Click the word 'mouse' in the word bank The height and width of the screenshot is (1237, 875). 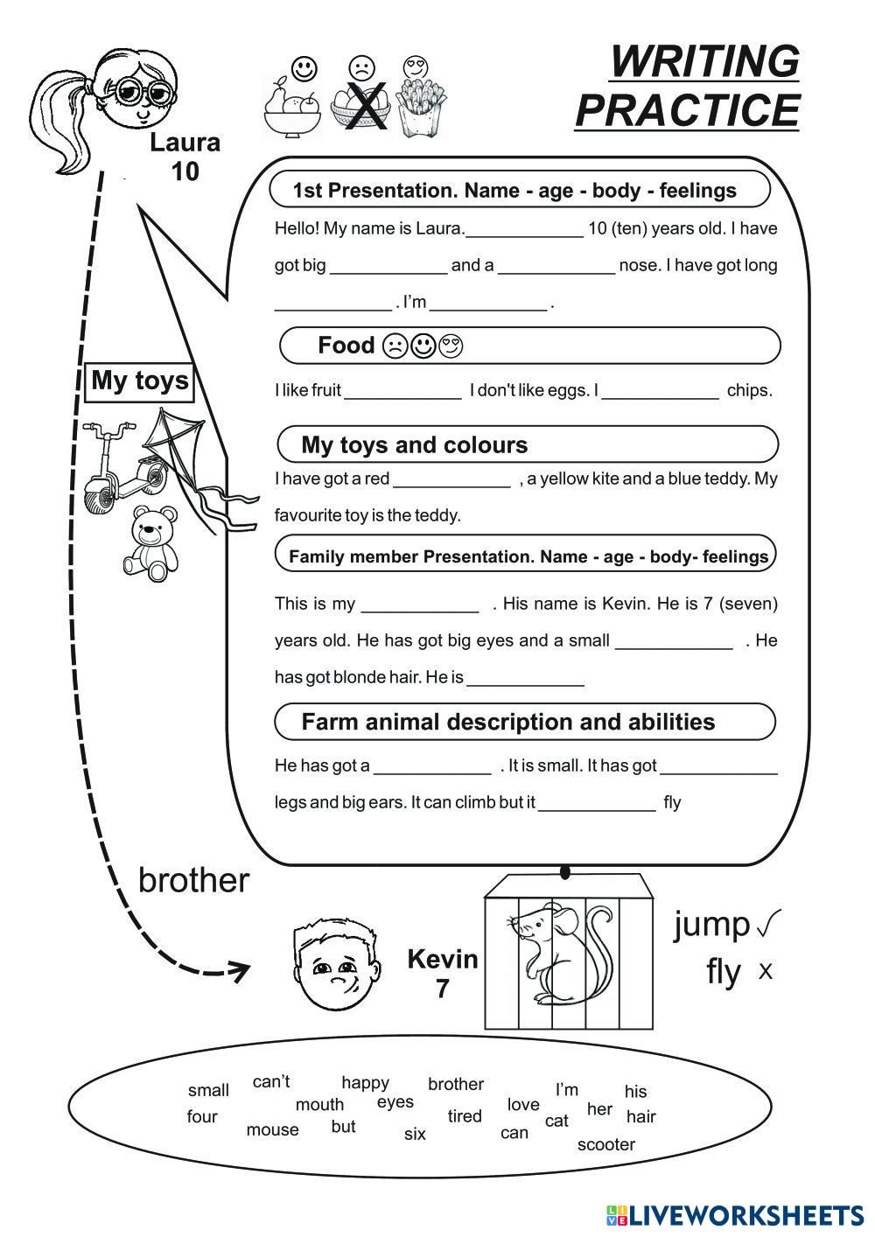click(272, 1129)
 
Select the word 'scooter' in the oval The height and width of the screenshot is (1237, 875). click(605, 1144)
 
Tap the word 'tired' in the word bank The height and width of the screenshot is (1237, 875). click(465, 1115)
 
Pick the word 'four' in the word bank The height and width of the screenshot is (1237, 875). click(202, 1116)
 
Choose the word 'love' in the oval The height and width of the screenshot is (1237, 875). click(523, 1104)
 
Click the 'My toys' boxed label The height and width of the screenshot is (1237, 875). click(140, 381)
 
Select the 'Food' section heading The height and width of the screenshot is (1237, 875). click(346, 346)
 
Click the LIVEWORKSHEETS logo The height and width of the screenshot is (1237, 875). click(735, 1214)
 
